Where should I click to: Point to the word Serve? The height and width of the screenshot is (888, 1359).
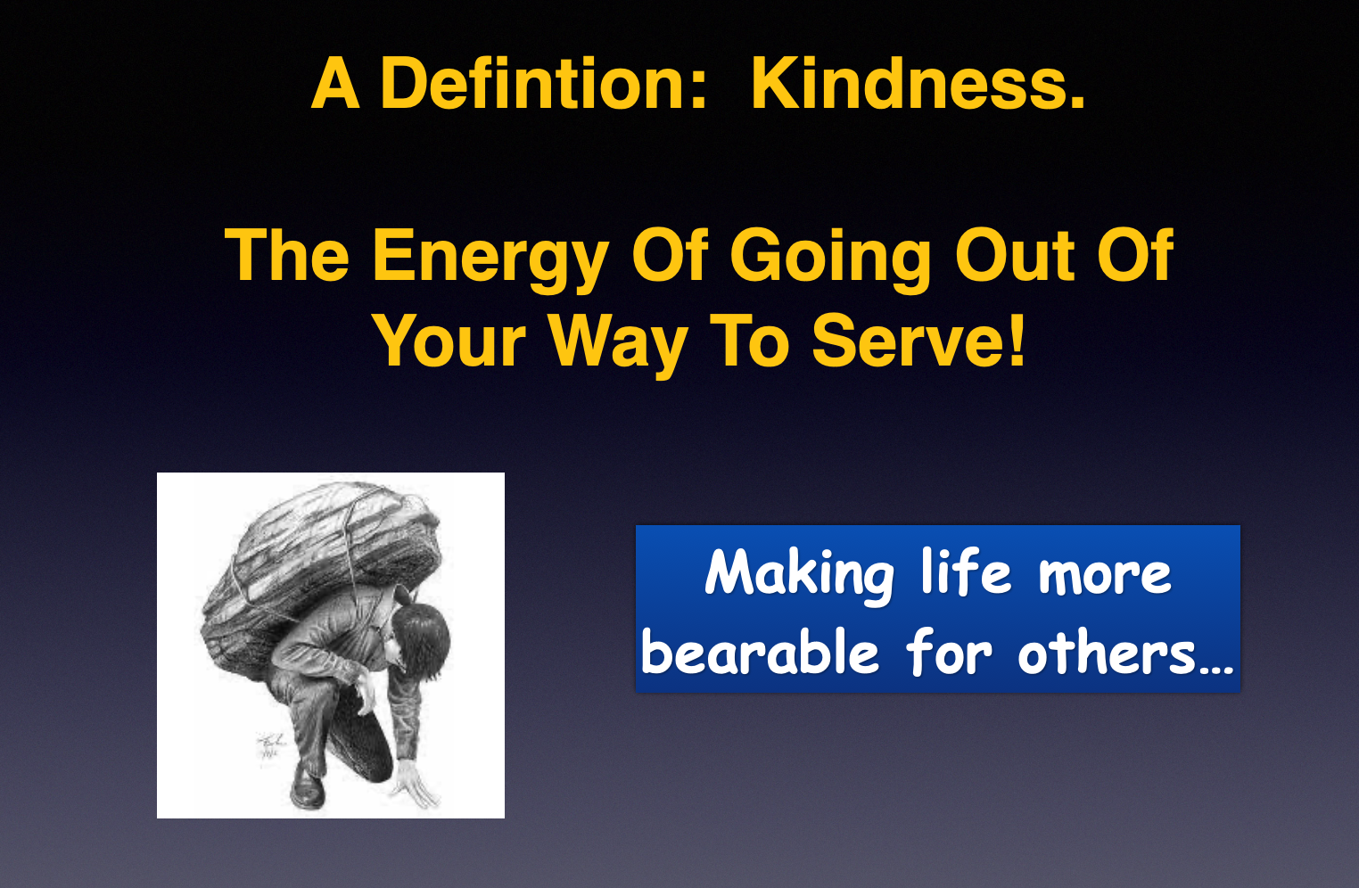tap(908, 341)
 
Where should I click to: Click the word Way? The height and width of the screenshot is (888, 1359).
tap(618, 344)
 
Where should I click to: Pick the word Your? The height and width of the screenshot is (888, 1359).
tap(449, 341)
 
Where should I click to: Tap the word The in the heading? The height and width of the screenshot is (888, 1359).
tap(287, 255)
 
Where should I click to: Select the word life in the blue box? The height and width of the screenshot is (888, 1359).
tap(966, 571)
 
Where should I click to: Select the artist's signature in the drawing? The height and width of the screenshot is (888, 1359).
tap(269, 744)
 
